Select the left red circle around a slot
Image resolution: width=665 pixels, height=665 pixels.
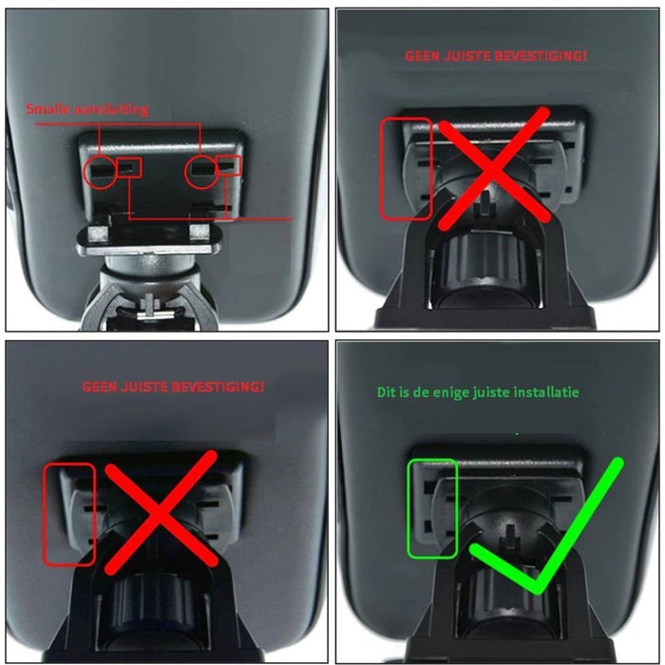pos(98,171)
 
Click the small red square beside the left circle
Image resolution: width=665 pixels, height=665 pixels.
pos(129,168)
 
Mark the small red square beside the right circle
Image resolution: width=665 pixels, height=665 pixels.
pos(229,165)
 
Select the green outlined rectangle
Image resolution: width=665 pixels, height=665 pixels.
pos(432,508)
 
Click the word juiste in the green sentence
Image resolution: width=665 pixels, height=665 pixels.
pos(497,391)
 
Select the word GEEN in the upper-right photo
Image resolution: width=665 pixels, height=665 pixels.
pos(424,56)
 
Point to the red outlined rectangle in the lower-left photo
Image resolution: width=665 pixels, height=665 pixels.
pos(70,514)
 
